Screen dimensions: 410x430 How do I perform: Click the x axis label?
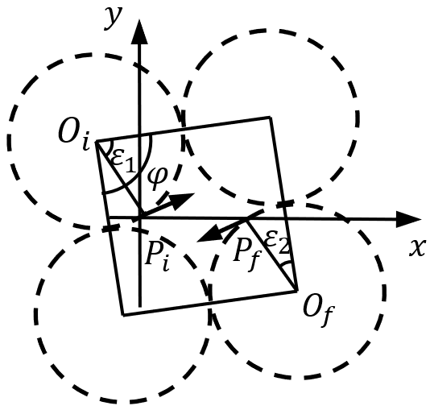[x=416, y=248]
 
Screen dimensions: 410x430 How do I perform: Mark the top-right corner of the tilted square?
[x=270, y=118]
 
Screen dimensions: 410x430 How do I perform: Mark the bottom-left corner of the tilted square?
[x=123, y=314]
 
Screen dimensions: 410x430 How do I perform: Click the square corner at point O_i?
[x=97, y=141]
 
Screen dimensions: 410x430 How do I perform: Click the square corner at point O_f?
[x=297, y=291]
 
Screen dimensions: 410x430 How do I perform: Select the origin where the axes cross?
[x=140, y=217]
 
